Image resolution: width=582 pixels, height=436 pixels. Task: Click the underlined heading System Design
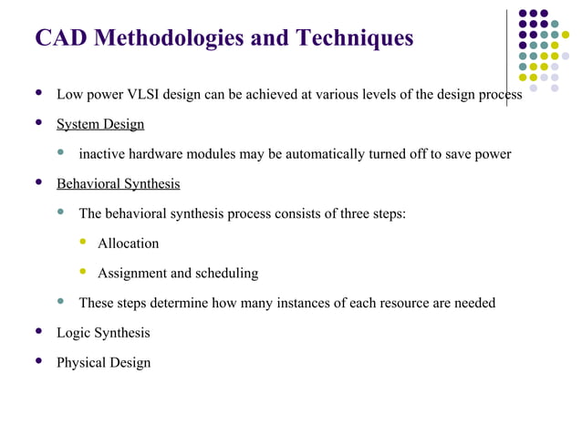(100, 124)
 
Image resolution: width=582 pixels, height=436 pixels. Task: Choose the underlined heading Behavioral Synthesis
(119, 184)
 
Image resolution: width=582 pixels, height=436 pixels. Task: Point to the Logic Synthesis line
(103, 333)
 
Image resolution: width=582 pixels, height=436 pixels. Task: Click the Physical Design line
(103, 363)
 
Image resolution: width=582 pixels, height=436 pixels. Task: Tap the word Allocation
(129, 244)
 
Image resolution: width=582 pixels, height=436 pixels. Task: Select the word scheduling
(228, 274)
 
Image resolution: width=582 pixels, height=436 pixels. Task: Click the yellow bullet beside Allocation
(83, 243)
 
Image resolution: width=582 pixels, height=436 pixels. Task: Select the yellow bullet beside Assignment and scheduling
(83, 273)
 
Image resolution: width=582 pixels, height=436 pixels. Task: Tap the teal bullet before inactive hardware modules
(61, 153)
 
